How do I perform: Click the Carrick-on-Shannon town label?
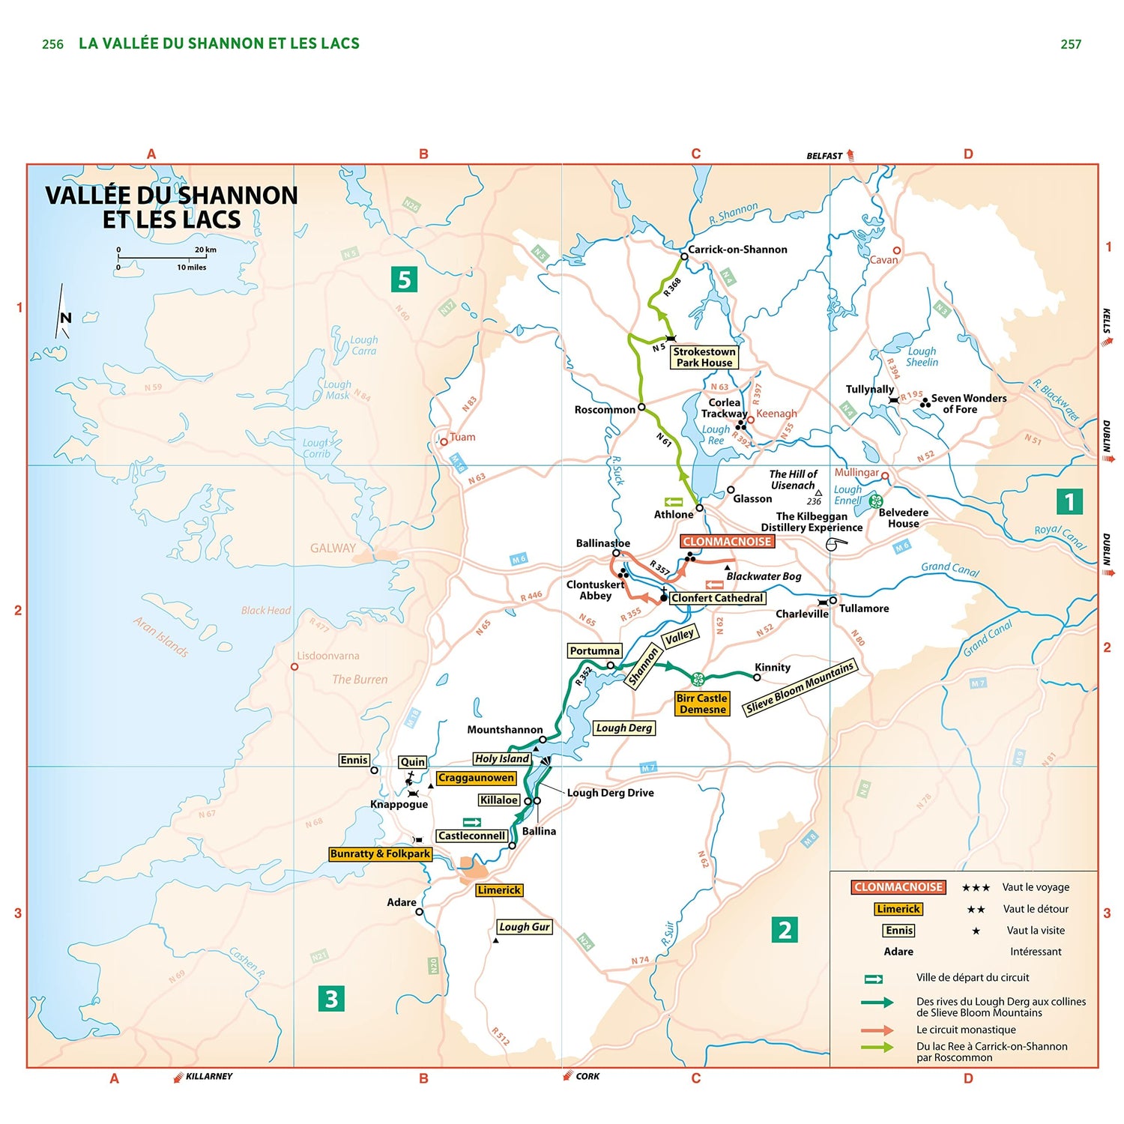click(x=737, y=250)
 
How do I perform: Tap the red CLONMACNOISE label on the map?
click(x=727, y=542)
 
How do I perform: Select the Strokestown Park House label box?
click(x=704, y=357)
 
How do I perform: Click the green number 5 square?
click(x=404, y=280)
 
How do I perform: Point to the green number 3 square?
click(x=331, y=998)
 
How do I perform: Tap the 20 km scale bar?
click(x=162, y=259)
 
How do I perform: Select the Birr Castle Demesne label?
click(x=702, y=704)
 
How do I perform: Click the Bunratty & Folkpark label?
click(x=380, y=853)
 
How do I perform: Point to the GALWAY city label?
click(x=333, y=549)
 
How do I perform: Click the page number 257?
click(x=1071, y=44)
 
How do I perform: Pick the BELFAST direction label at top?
click(x=824, y=156)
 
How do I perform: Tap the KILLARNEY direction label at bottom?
click(x=209, y=1077)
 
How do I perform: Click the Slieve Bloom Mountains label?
click(x=800, y=688)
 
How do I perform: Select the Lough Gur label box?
click(x=525, y=927)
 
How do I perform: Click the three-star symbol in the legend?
click(x=976, y=888)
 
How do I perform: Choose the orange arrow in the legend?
click(x=877, y=1030)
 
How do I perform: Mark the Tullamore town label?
click(x=864, y=608)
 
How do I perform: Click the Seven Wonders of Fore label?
click(x=968, y=404)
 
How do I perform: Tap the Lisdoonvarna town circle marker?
click(x=294, y=666)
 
